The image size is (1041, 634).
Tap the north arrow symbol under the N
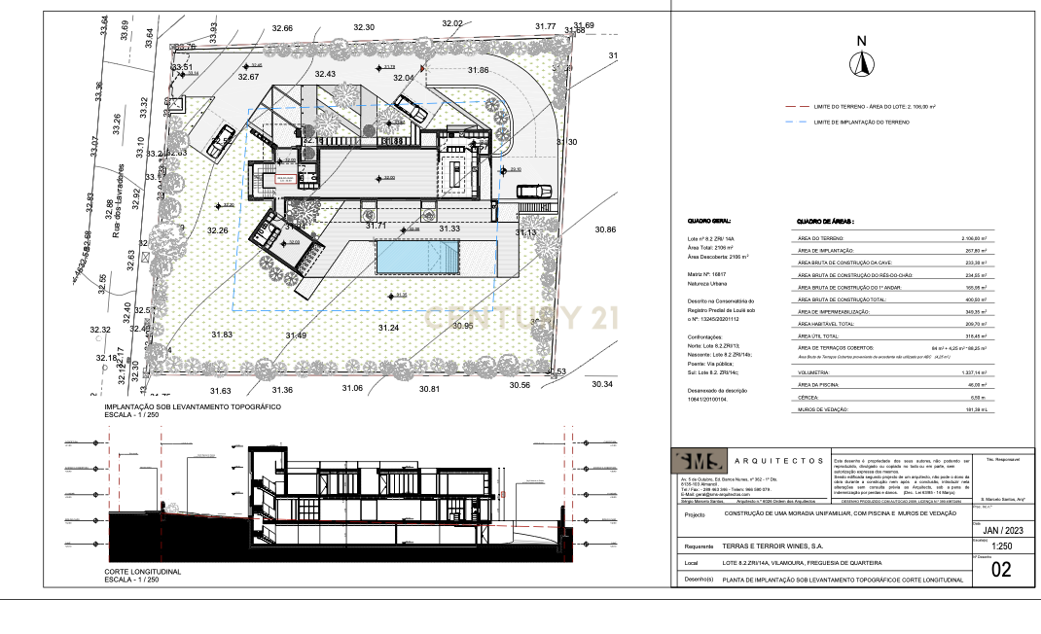(x=860, y=64)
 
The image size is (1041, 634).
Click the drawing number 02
(x=1001, y=571)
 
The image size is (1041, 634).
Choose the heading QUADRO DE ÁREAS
(x=825, y=222)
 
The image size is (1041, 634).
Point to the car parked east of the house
(x=533, y=191)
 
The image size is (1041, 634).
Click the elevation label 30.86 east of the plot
(x=604, y=229)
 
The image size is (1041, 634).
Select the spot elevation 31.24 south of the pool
(x=387, y=329)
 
